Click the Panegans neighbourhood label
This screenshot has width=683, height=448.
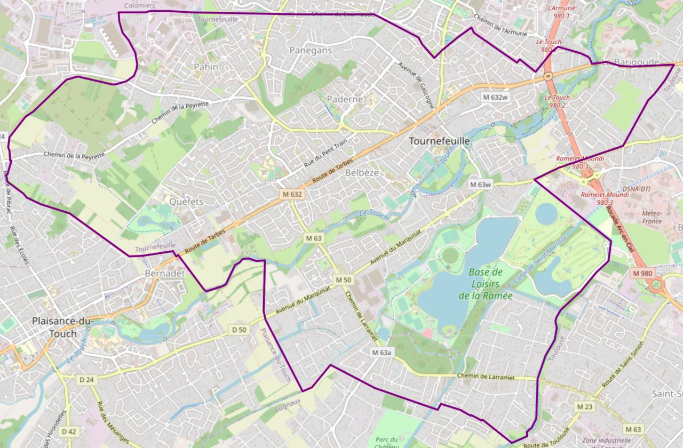click(x=311, y=50)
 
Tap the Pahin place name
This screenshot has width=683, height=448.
click(x=206, y=67)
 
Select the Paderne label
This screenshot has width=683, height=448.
click(x=345, y=99)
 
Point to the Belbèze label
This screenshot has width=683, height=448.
click(x=362, y=173)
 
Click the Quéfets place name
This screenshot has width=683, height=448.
click(x=186, y=202)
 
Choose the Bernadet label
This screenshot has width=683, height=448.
click(x=164, y=273)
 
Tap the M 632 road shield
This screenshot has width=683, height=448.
click(x=292, y=195)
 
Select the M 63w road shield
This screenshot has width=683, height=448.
click(x=480, y=185)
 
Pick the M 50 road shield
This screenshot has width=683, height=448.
click(x=344, y=279)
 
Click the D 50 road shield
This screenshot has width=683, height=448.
click(x=240, y=330)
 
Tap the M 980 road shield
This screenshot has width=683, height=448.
click(x=642, y=273)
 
